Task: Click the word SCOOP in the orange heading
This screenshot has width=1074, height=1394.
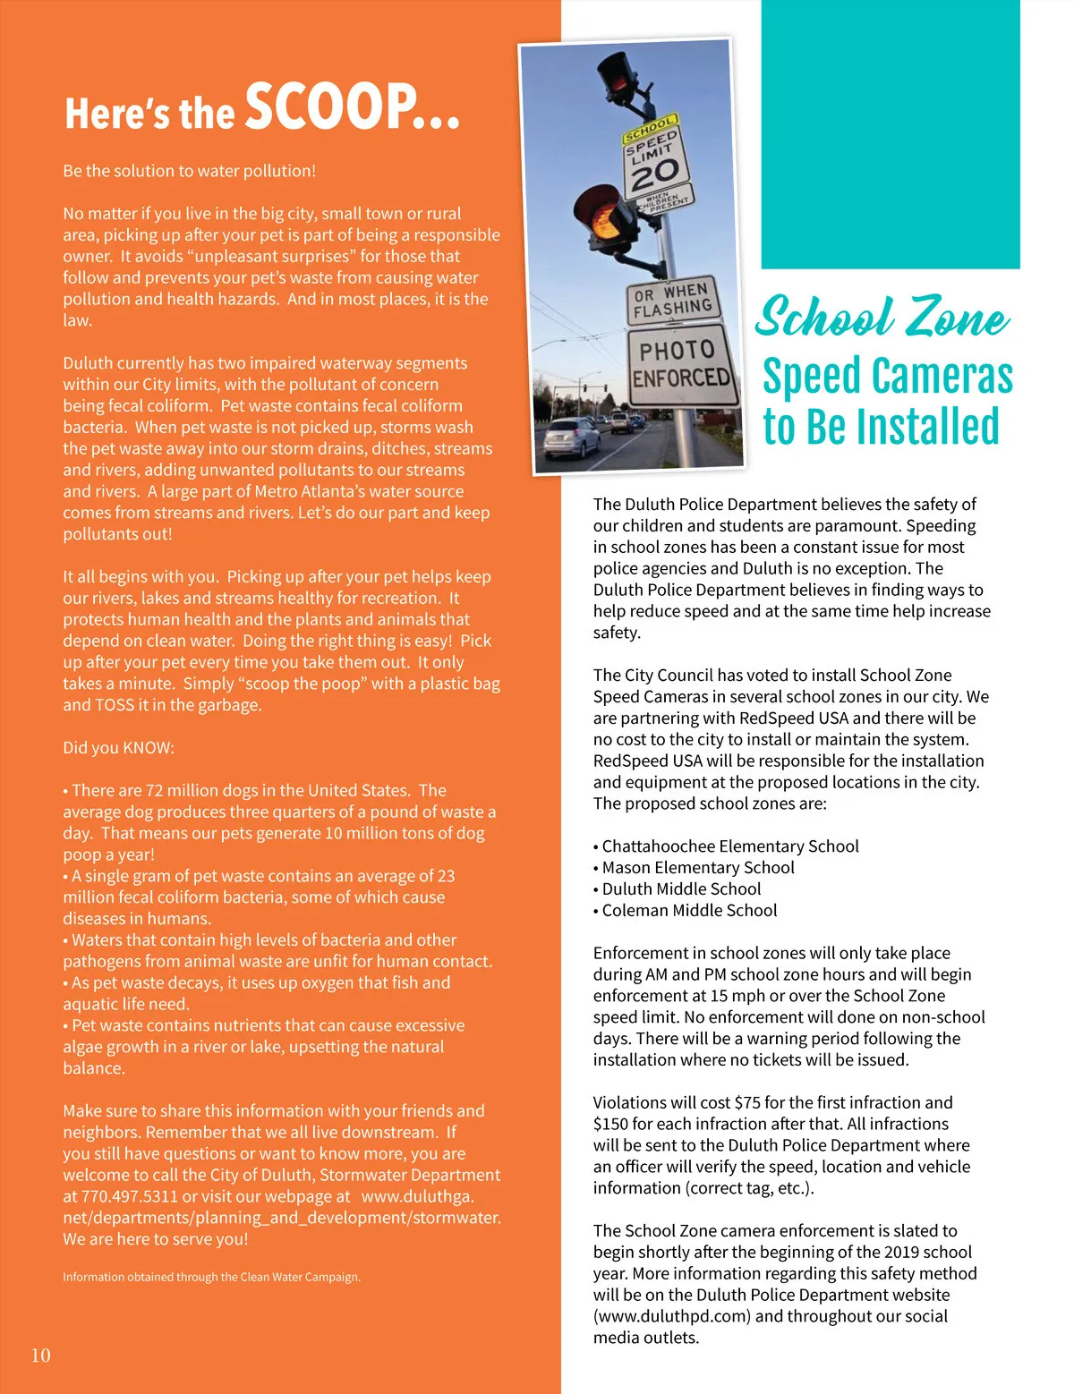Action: pos(351,107)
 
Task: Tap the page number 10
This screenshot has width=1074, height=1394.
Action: pos(41,1356)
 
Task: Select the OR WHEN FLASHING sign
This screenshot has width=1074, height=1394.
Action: pos(672,300)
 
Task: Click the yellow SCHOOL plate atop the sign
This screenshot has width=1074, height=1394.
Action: pos(650,128)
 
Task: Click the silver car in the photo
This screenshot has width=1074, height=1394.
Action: pos(571,436)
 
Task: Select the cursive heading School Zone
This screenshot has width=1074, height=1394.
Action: pos(882,318)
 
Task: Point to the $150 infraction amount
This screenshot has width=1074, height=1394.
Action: pos(610,1125)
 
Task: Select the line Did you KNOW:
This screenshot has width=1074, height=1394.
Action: pos(119,748)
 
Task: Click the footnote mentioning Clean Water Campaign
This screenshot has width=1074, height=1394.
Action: pos(211,1277)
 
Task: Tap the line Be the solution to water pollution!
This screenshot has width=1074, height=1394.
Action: pos(189,171)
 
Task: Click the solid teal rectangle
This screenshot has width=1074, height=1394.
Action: pos(890,134)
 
